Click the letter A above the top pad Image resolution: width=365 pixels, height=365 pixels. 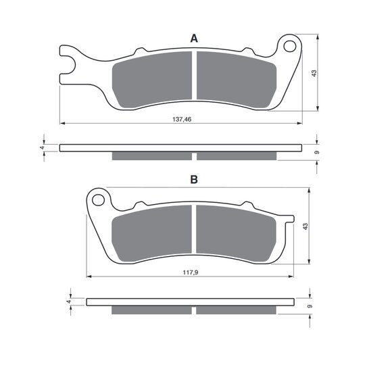[x=194, y=39]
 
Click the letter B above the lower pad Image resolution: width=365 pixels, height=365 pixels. [x=194, y=180]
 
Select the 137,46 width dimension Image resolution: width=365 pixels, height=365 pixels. [x=182, y=120]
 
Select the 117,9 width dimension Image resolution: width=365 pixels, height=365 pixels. [x=191, y=272]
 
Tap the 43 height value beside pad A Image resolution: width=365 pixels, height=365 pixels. [x=314, y=73]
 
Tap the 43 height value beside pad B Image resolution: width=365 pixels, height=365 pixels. [x=305, y=226]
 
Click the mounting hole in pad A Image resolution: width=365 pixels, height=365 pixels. [x=289, y=46]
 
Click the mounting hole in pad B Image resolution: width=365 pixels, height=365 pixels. [x=98, y=200]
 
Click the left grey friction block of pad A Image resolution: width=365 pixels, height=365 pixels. [x=152, y=80]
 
